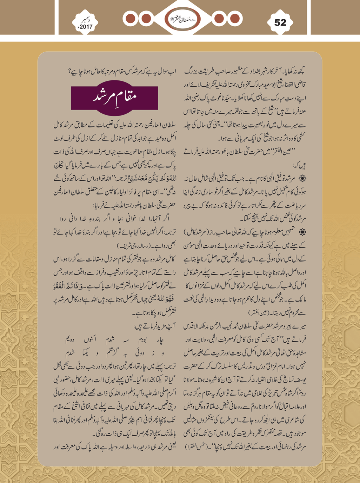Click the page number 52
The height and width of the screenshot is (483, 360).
coord(280,23)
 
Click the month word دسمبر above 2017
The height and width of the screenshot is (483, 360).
coord(85,20)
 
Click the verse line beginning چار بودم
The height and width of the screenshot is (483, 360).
coord(115,340)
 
